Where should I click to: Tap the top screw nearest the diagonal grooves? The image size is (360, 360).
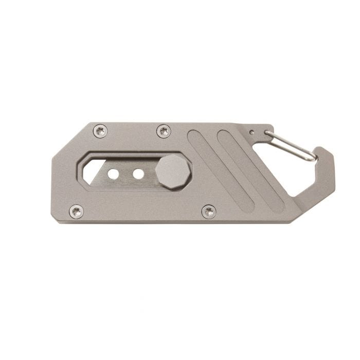click(164, 131)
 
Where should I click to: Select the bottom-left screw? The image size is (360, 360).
click(76, 211)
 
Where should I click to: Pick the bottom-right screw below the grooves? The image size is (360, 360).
click(209, 211)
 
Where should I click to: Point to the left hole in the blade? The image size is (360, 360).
click(113, 174)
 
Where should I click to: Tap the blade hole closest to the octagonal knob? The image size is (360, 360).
click(138, 174)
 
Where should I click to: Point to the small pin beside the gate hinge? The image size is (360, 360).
click(251, 132)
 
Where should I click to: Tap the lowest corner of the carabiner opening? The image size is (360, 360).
click(294, 195)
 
